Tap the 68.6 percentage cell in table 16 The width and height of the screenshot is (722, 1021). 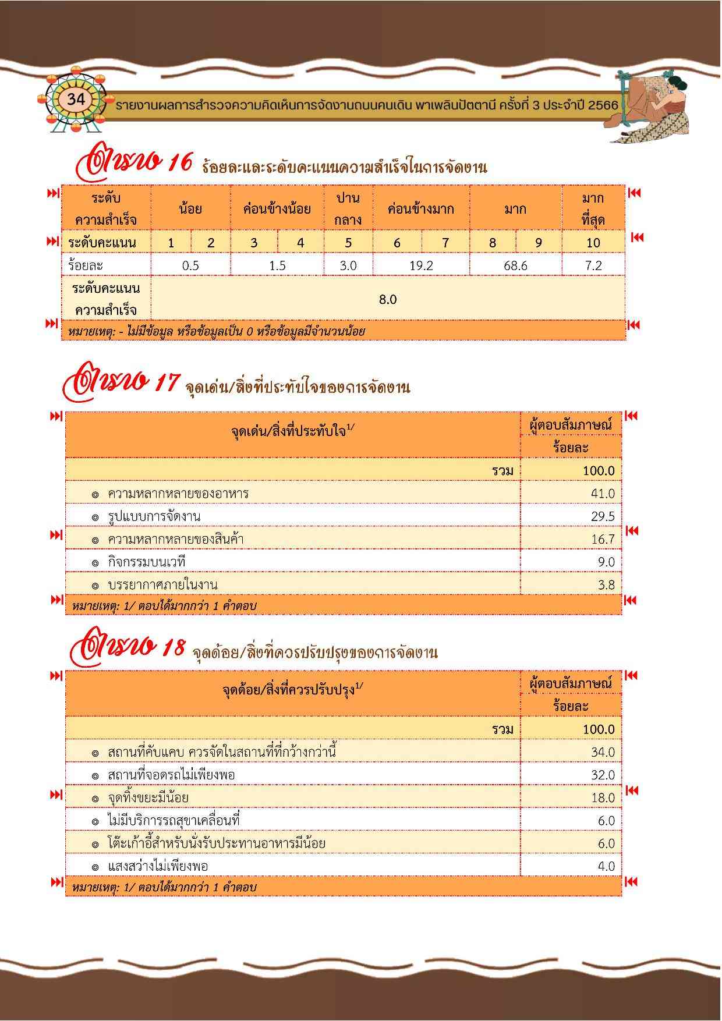[515, 265]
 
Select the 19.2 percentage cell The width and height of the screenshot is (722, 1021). [420, 265]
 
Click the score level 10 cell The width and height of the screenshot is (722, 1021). [593, 243]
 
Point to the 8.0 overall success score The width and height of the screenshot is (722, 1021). [388, 299]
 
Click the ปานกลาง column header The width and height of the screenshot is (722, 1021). [348, 209]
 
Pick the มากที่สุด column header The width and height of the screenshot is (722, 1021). [593, 209]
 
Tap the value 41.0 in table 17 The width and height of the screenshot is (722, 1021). [603, 494]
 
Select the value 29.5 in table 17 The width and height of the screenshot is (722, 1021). [603, 516]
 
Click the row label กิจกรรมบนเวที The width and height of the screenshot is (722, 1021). [146, 562]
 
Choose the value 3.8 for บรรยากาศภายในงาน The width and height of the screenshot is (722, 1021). [606, 585]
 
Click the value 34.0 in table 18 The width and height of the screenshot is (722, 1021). [603, 752]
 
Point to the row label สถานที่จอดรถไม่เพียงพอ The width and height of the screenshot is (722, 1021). [171, 775]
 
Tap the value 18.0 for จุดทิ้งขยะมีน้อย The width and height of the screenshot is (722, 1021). [603, 797]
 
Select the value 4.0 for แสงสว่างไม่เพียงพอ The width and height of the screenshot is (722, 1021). [606, 866]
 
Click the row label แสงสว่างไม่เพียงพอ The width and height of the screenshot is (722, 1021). [158, 866]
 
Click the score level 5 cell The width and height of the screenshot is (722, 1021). [348, 243]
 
